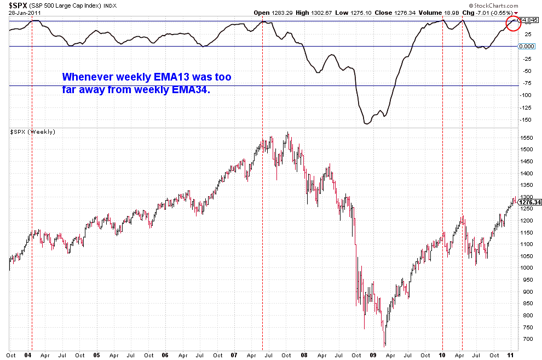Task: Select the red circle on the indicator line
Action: pyautogui.click(x=513, y=23)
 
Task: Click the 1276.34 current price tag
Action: pyautogui.click(x=529, y=202)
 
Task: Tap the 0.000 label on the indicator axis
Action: pyautogui.click(x=526, y=47)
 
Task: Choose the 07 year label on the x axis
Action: pyautogui.click(x=233, y=355)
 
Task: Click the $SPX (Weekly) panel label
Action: pyautogui.click(x=32, y=132)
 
